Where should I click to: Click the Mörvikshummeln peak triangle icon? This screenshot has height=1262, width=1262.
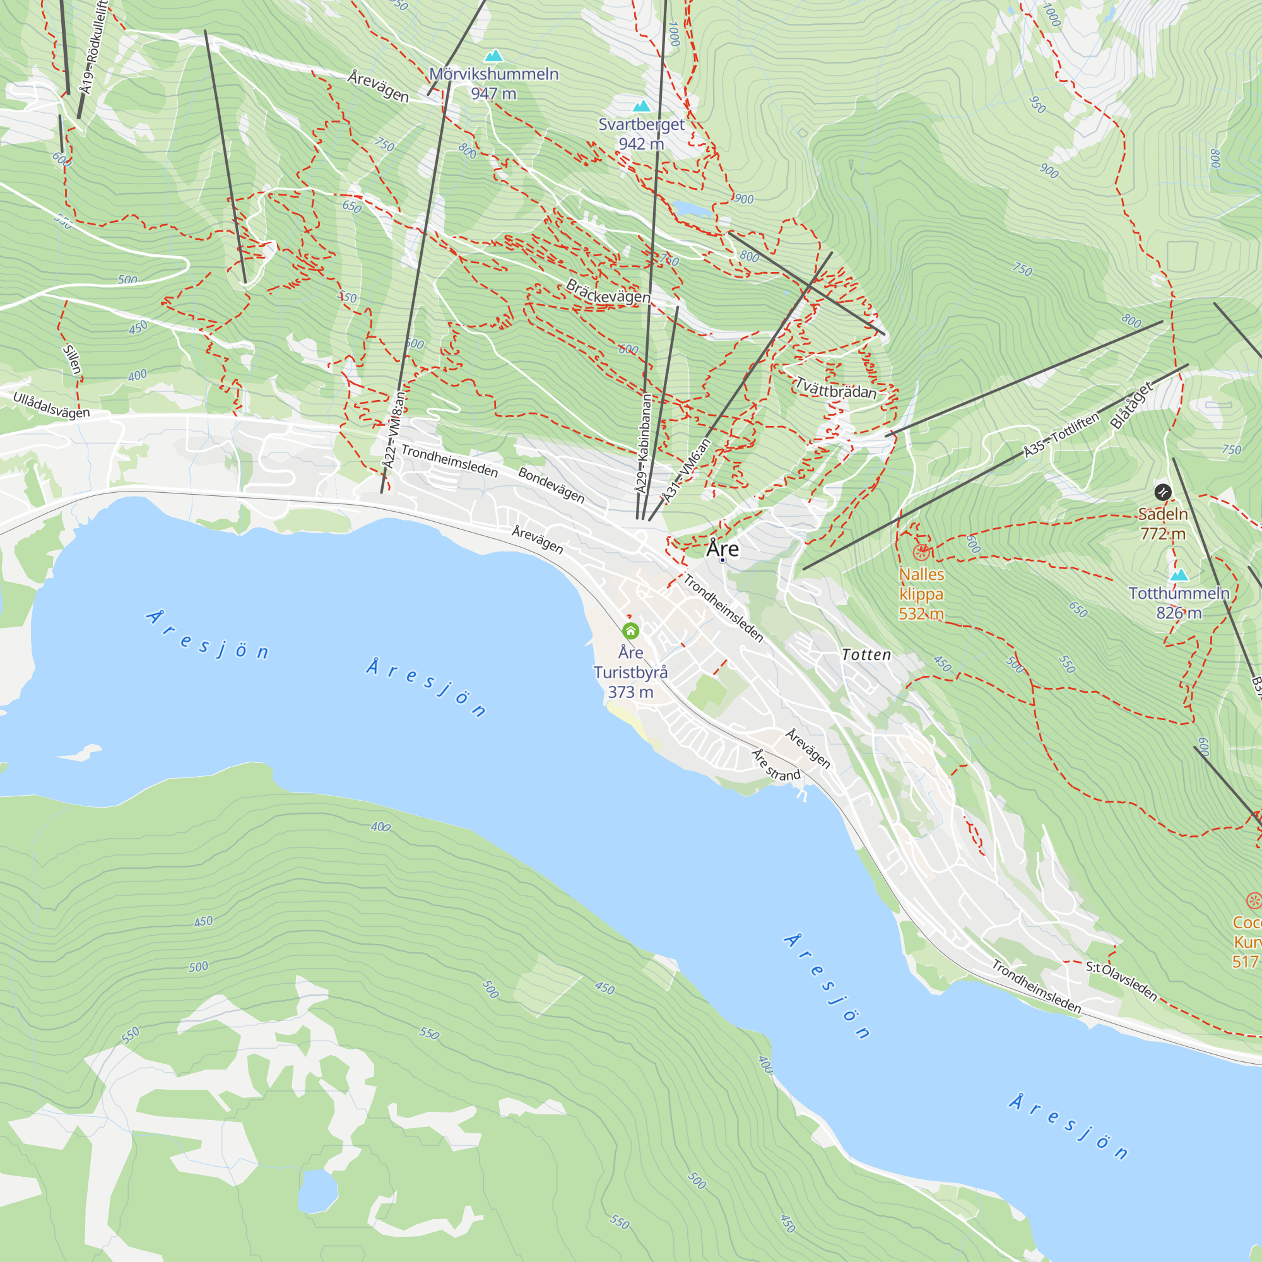click(x=494, y=56)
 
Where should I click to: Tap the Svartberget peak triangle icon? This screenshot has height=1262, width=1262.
click(x=642, y=107)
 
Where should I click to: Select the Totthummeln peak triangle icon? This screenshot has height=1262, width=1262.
click(x=1179, y=575)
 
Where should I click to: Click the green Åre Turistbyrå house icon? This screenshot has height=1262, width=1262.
click(x=630, y=631)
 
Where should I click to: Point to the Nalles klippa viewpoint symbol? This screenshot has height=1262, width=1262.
click(x=921, y=553)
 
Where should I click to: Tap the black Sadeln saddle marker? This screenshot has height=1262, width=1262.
click(x=1163, y=492)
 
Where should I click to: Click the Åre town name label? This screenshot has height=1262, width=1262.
click(x=722, y=549)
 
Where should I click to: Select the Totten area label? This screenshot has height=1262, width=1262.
click(x=866, y=654)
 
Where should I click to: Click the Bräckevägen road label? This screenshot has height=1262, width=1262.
click(x=608, y=292)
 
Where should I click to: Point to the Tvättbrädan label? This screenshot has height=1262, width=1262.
click(x=835, y=389)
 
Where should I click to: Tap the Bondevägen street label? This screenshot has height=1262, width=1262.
click(x=551, y=485)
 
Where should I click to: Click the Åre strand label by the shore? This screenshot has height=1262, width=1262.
click(x=776, y=765)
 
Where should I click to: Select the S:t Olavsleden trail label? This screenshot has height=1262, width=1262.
click(x=1121, y=981)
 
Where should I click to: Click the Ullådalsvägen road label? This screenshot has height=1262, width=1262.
click(x=51, y=405)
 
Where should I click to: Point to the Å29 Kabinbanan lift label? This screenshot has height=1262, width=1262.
click(x=644, y=444)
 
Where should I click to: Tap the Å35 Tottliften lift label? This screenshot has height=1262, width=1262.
click(x=1061, y=435)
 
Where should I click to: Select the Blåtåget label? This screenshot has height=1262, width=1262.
click(x=1132, y=406)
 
